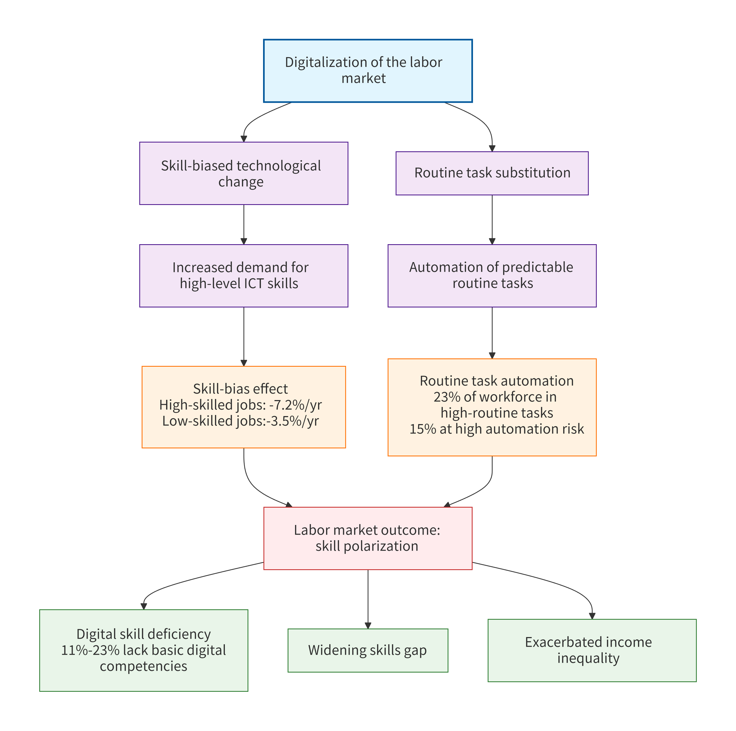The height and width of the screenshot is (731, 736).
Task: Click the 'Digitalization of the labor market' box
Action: (368, 70)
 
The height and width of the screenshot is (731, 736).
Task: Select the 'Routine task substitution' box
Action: (492, 173)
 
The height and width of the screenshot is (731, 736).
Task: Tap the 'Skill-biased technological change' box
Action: (244, 173)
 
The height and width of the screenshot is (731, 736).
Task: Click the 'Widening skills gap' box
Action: (368, 650)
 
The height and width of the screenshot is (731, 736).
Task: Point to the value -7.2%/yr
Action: (295, 405)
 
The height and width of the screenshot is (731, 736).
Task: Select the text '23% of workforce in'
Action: (495, 397)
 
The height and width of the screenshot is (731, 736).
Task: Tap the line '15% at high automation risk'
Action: (496, 429)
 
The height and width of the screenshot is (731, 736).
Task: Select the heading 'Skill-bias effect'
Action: (240, 389)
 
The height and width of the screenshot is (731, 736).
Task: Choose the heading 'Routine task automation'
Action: (496, 381)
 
